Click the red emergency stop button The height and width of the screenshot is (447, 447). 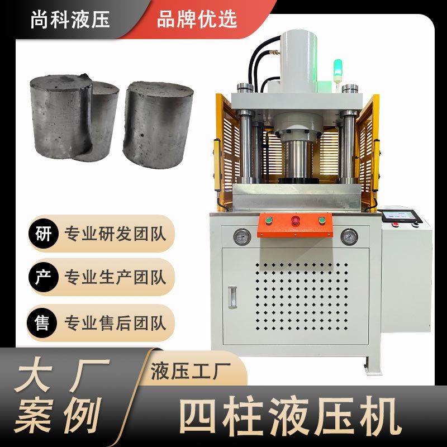pos(294,221)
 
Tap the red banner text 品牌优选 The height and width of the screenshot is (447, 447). pos(197,19)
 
